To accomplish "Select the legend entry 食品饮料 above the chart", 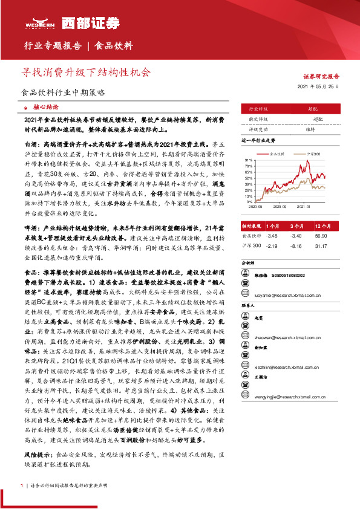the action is coord(277,154).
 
